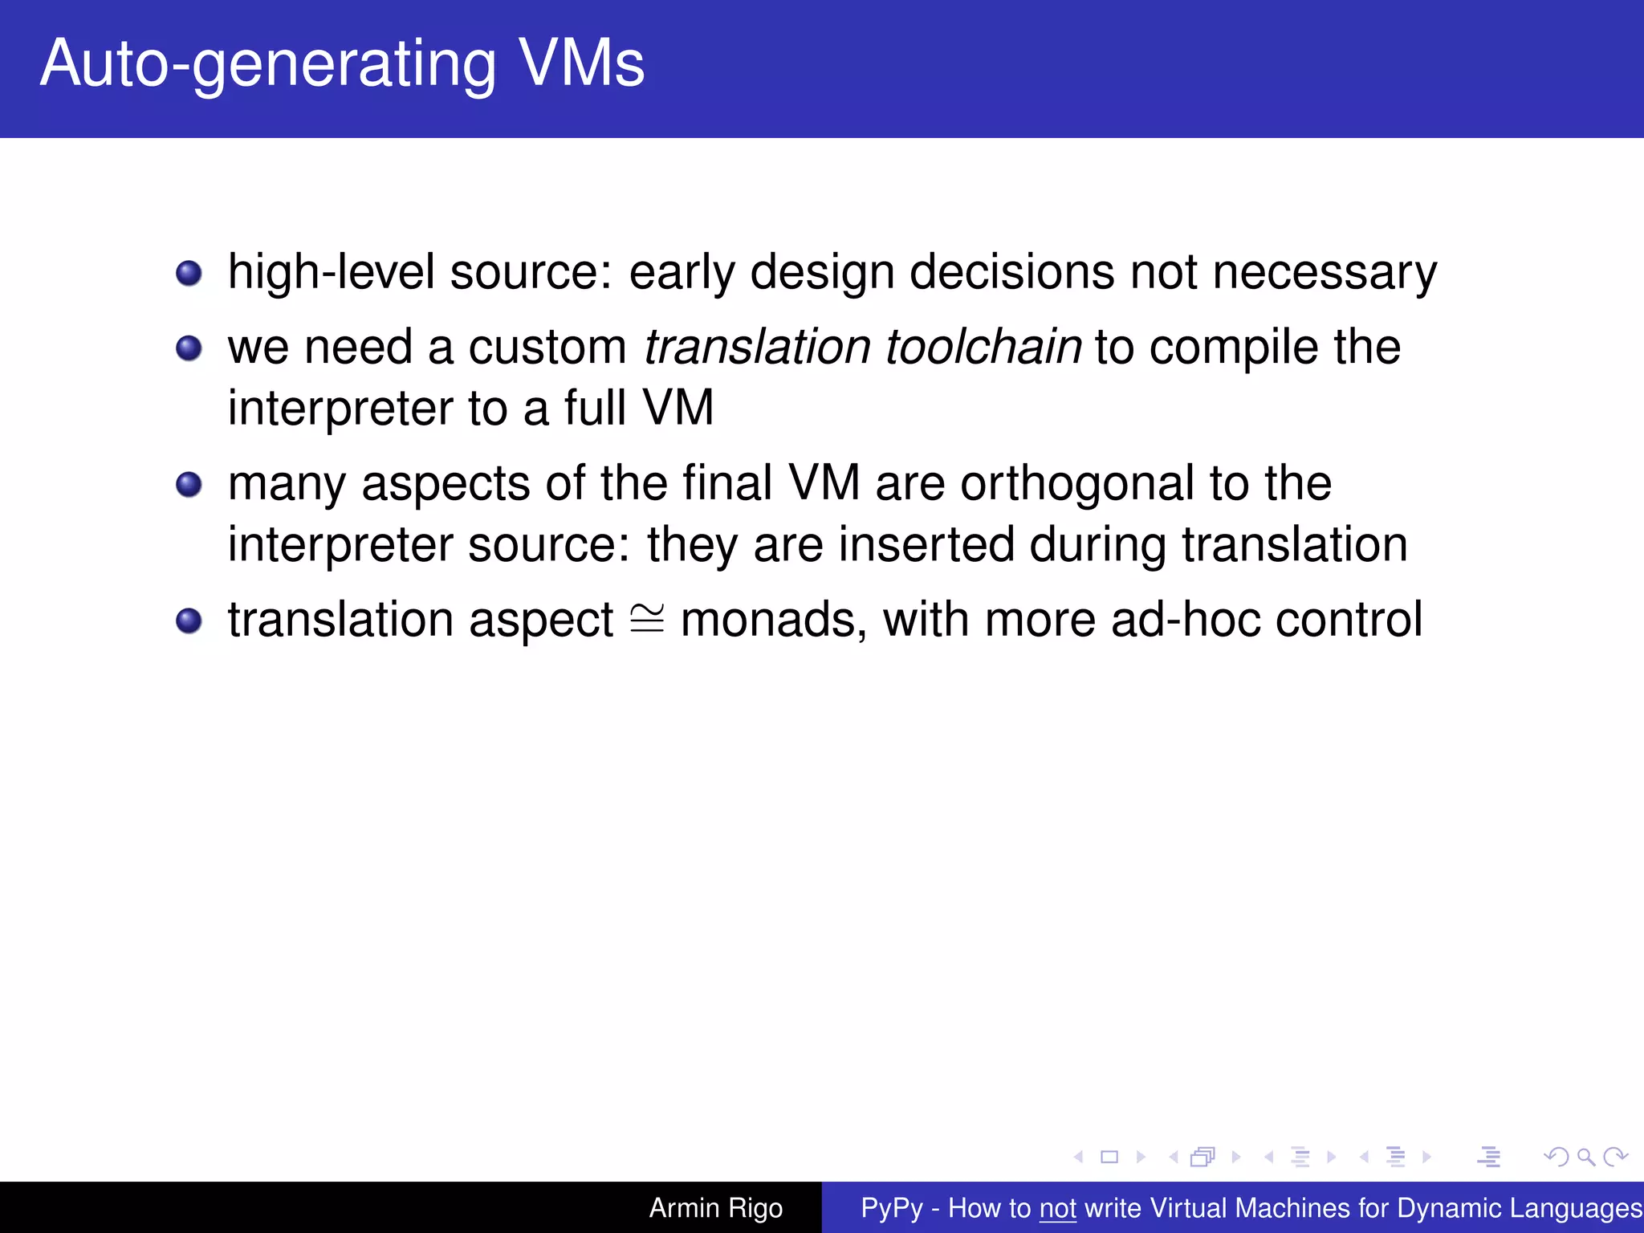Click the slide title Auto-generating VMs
point(342,64)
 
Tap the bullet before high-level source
point(189,273)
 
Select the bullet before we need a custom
point(189,348)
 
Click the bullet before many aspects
point(189,485)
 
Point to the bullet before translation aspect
point(189,621)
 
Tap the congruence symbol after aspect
point(647,619)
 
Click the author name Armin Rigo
point(715,1208)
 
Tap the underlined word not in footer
point(1057,1208)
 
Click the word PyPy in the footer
point(891,1208)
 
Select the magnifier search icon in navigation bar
point(1585,1157)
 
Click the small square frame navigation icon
point(1109,1157)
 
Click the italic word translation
point(757,347)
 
